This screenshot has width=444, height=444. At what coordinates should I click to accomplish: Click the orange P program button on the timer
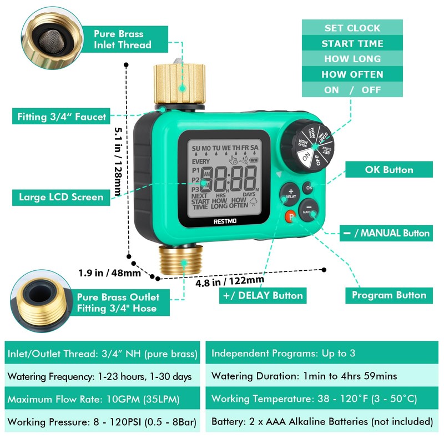290,218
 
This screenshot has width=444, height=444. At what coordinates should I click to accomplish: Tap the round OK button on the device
309,188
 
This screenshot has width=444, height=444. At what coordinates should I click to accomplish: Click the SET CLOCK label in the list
352,28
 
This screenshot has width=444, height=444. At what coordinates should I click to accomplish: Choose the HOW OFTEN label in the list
352,74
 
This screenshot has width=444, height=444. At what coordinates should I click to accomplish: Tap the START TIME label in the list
352,43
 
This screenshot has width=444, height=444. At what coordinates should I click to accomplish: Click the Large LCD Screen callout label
61,196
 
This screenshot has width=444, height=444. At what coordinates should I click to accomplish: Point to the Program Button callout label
389,295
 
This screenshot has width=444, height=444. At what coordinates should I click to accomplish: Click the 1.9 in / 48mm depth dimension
109,273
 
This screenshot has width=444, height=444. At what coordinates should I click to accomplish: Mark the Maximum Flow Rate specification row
103,399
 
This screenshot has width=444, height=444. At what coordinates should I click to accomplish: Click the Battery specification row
322,421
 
